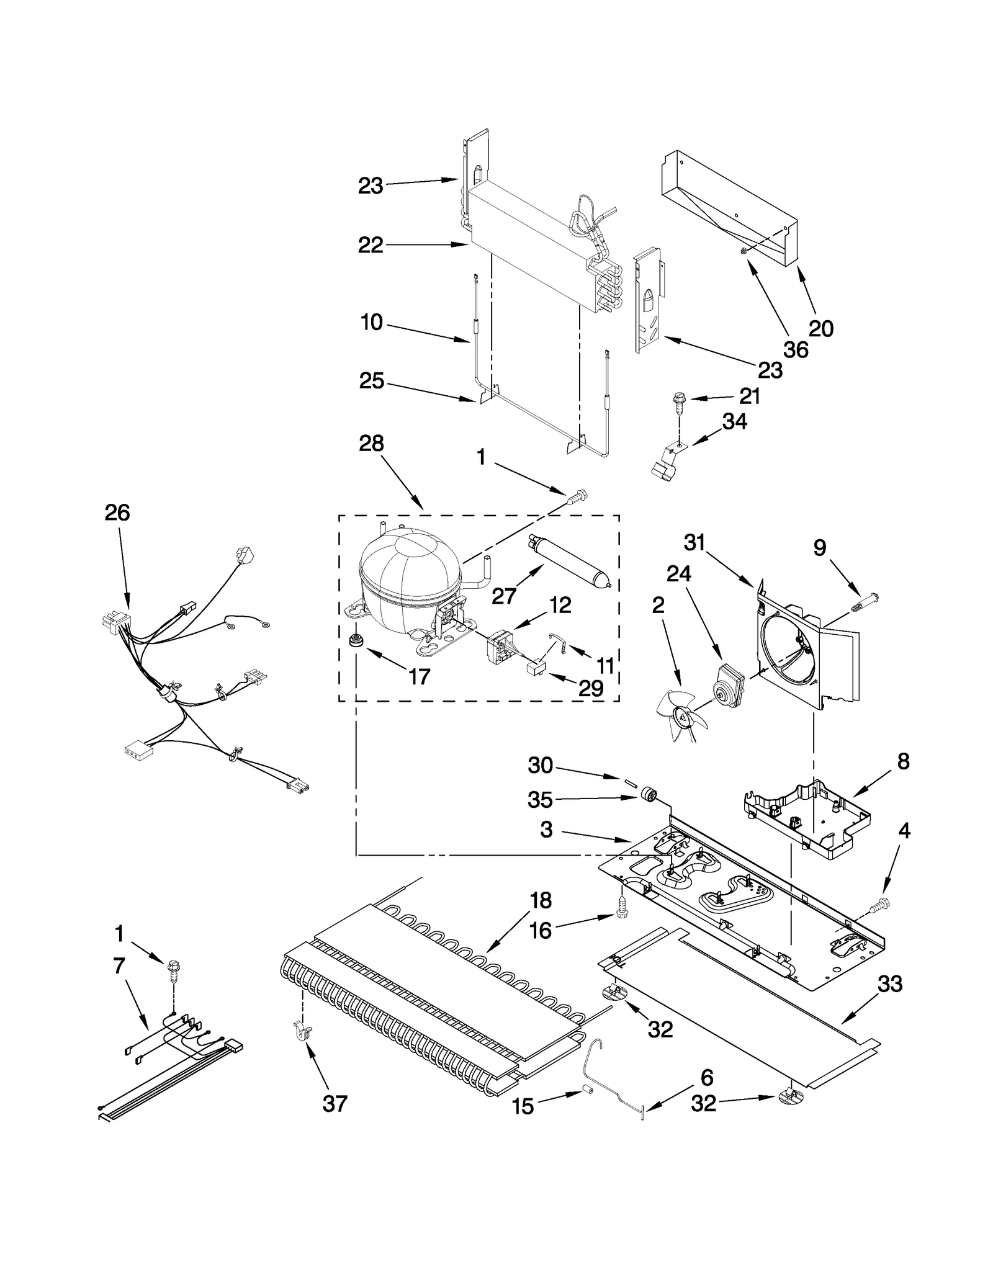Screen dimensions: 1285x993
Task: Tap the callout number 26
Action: coord(117,513)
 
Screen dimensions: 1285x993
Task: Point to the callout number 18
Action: coord(541,900)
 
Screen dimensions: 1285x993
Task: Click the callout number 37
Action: coord(335,1104)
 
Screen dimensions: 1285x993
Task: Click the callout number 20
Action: coord(821,328)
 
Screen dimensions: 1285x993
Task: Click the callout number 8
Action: coord(903,761)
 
